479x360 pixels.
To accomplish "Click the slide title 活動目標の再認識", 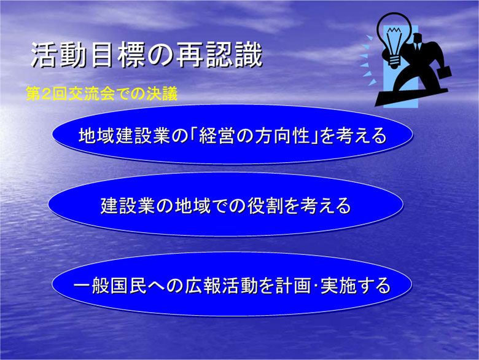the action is (x=147, y=55).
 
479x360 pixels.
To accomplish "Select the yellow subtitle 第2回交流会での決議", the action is (x=102, y=93).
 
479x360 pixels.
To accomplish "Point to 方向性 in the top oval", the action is (x=283, y=135).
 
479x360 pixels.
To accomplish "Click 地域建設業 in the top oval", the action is (x=124, y=135).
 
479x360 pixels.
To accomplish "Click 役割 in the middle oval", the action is (x=265, y=206).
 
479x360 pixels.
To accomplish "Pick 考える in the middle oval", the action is (x=325, y=206).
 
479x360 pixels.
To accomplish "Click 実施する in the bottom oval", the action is (x=356, y=286).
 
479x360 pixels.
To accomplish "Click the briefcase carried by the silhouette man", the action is (x=445, y=72).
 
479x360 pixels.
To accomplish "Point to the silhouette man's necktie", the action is (x=416, y=47).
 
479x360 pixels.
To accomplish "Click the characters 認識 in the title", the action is (x=235, y=55).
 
